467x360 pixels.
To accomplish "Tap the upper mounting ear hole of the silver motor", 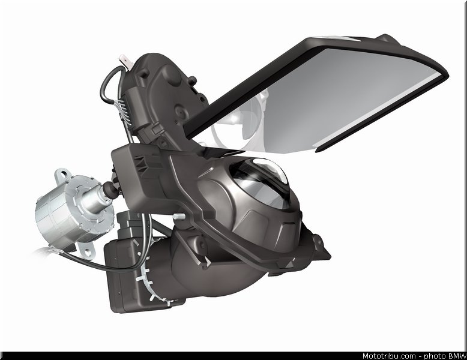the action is pos(63,173).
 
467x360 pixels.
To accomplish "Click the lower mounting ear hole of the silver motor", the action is pos(87,252).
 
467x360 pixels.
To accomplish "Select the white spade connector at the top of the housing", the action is pos(124,61).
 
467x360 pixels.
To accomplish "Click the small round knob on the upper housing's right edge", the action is pos(193,80).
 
